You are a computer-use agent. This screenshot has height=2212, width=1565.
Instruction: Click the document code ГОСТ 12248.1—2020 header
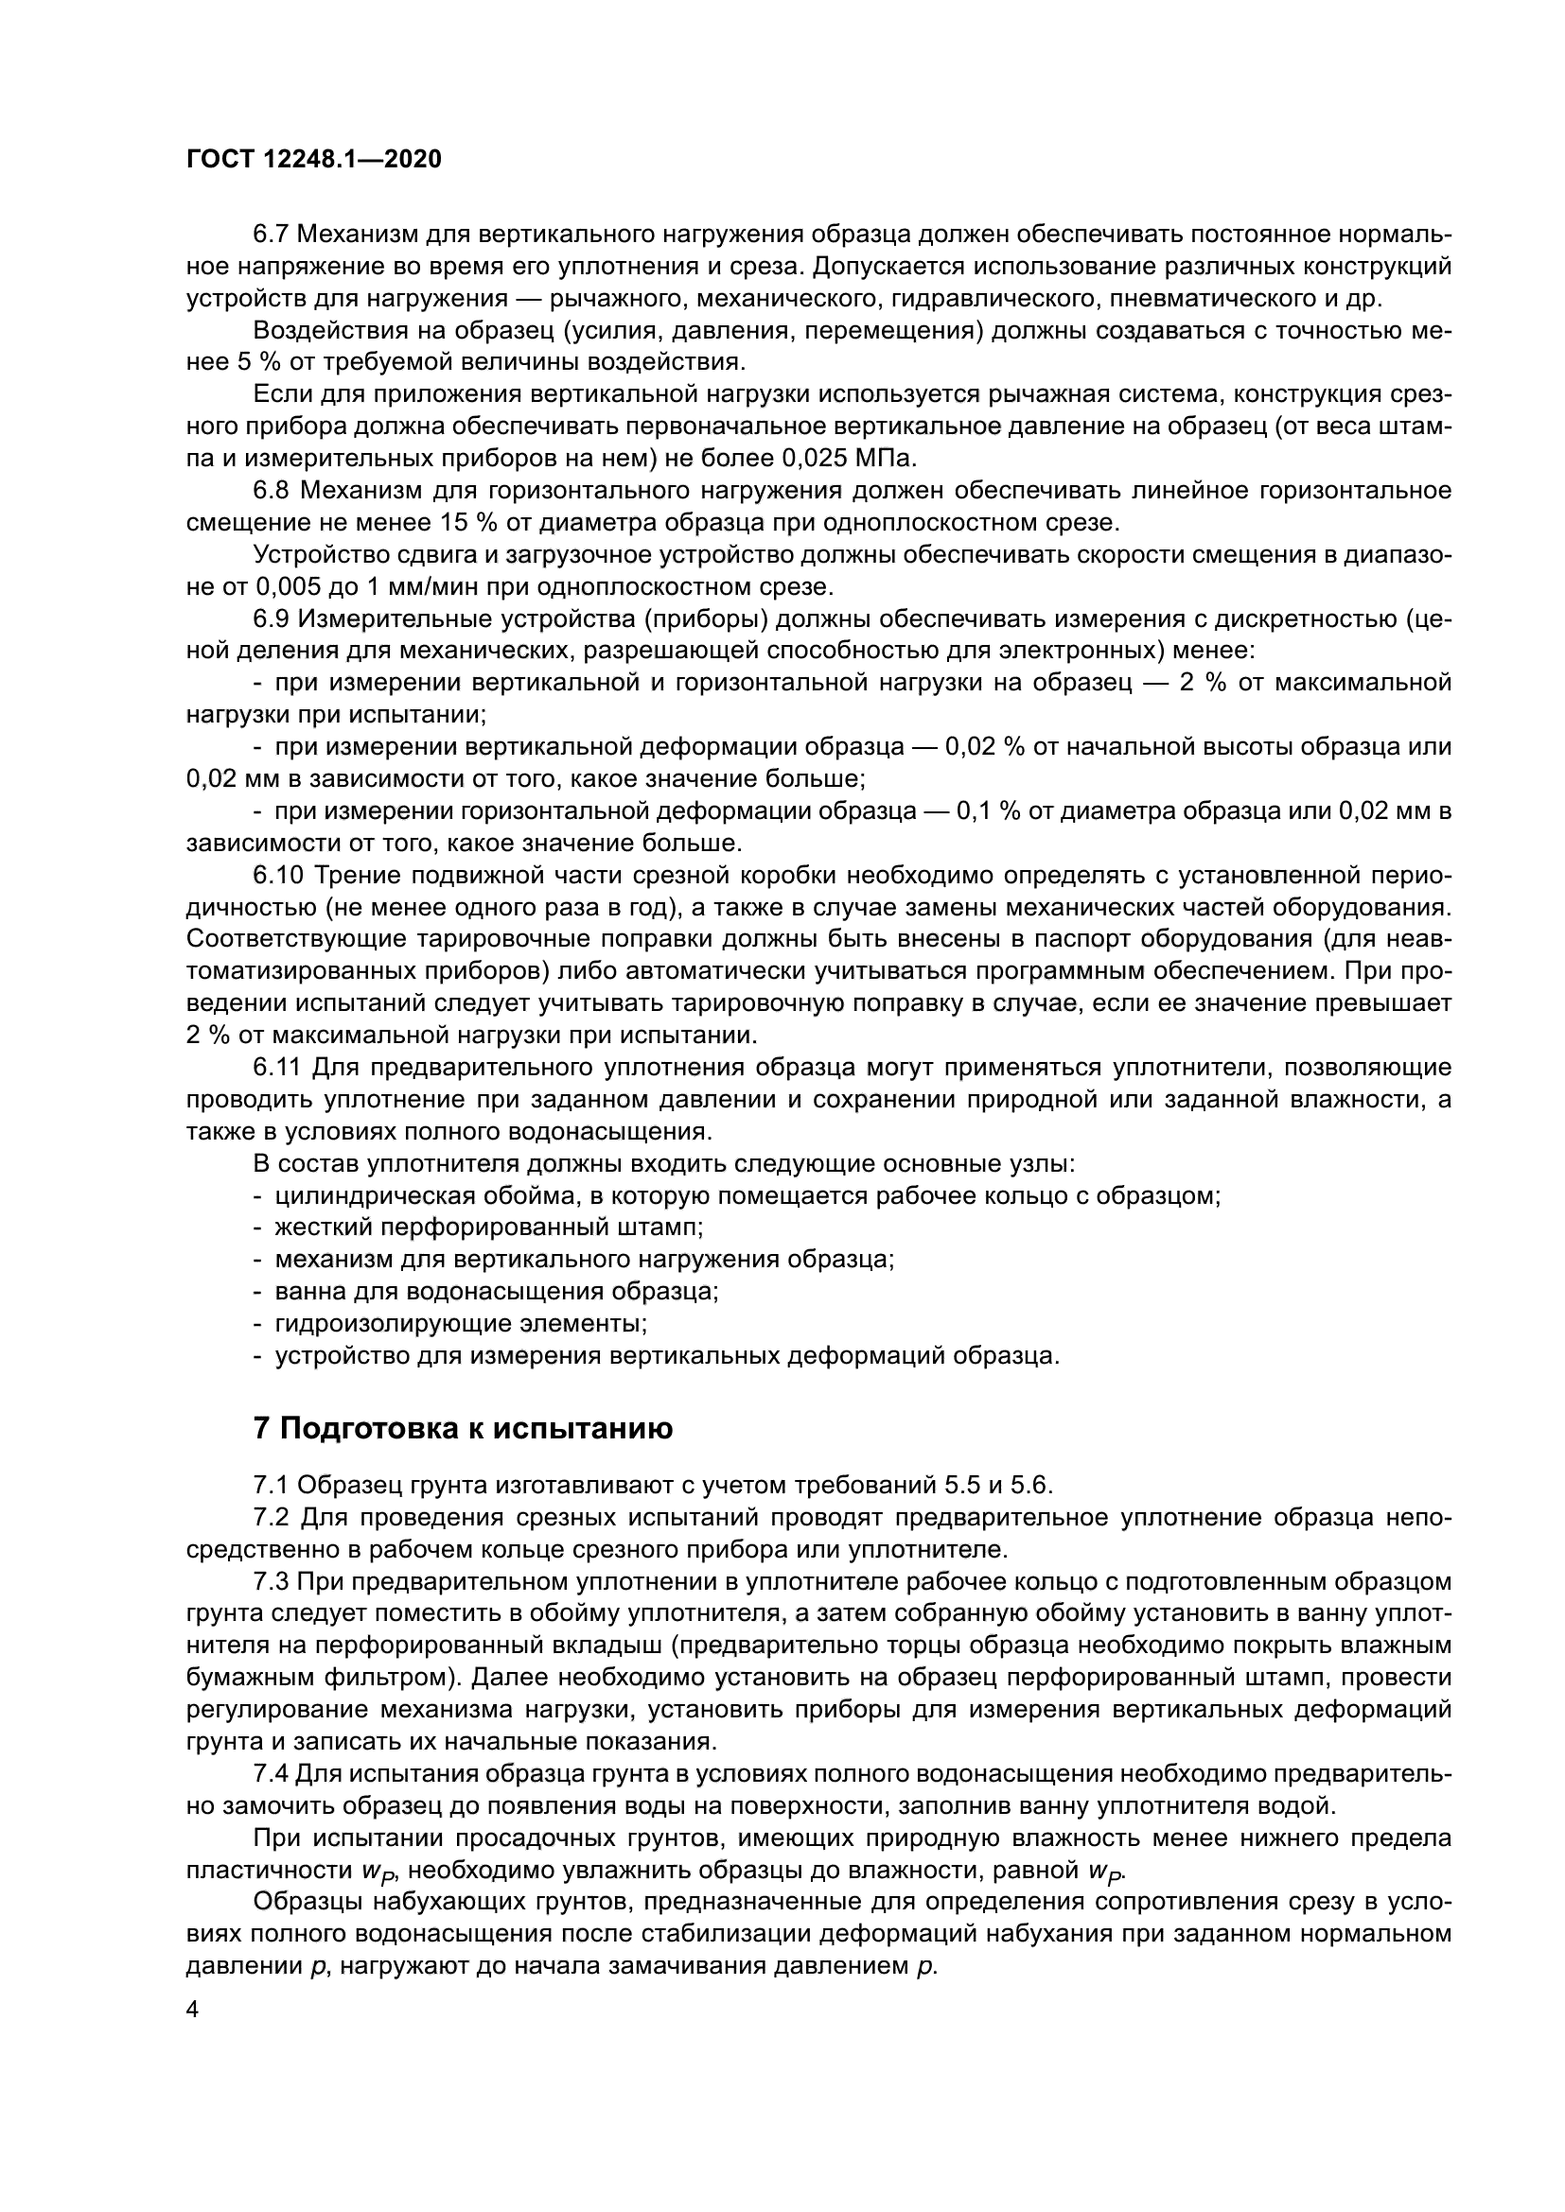click(313, 160)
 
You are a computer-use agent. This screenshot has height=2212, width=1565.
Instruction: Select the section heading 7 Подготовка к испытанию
click(463, 1429)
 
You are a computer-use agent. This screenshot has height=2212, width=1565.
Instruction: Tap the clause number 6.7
click(271, 235)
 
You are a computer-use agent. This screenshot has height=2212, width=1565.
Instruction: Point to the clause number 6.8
click(271, 491)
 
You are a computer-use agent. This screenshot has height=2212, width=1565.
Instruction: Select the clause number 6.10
click(278, 876)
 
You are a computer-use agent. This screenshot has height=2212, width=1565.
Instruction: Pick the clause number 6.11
click(277, 1068)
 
